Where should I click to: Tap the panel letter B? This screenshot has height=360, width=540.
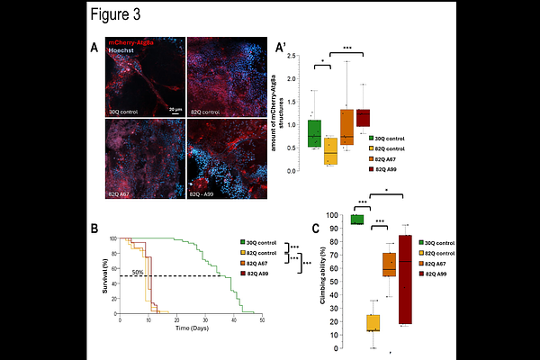coord(94,228)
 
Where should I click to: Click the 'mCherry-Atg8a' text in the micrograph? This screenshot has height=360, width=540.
coord(130,42)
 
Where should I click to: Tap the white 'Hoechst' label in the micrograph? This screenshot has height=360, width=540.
coord(121,51)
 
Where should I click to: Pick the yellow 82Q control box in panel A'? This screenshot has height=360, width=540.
coord(330,152)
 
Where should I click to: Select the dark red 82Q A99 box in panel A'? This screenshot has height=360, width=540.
coord(363,118)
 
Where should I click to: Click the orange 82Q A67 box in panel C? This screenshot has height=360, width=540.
coord(389,264)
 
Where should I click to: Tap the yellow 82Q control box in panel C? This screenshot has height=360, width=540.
coord(373,322)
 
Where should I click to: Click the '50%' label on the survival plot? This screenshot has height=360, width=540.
coord(138,271)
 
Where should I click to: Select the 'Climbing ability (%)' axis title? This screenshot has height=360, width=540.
coord(322,288)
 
